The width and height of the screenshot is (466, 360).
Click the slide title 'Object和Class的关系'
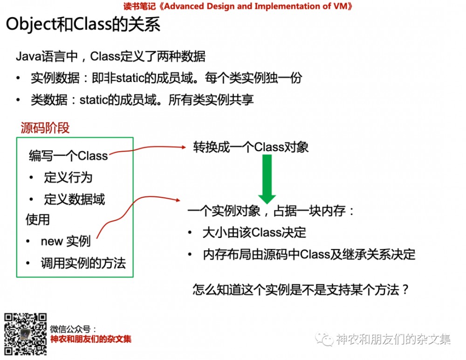click(83, 25)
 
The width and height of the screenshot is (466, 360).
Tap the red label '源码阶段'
click(45, 128)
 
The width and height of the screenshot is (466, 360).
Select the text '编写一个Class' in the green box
click(68, 156)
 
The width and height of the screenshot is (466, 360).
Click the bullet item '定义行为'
click(68, 178)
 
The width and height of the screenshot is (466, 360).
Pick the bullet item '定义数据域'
click(75, 200)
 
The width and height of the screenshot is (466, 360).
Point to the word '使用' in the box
click(38, 219)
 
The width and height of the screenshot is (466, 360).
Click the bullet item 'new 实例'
click(65, 241)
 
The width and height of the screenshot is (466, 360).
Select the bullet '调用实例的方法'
click(83, 263)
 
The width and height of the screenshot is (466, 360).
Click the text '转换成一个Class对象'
click(251, 147)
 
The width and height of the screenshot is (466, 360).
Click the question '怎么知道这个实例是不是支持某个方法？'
click(301, 290)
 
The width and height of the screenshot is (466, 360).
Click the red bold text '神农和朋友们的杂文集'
click(91, 339)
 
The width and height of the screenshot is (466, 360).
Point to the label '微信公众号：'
click(74, 329)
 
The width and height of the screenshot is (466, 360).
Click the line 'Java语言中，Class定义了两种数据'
click(110, 56)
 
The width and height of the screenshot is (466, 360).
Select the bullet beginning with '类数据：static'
click(142, 99)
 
